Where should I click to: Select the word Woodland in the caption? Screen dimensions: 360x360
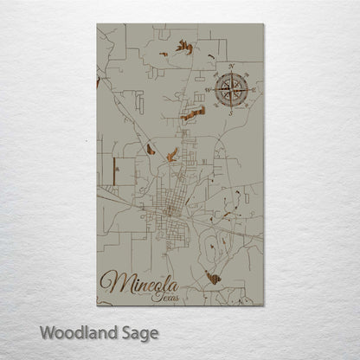74,331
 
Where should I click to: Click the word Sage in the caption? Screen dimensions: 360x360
138,332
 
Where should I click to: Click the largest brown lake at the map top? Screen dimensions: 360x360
184,46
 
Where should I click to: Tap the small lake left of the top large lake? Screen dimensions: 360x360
162,54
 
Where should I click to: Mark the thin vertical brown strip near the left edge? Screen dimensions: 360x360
99,82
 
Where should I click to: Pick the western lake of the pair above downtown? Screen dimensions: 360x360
151,149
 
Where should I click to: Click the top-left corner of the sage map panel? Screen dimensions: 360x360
98,24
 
